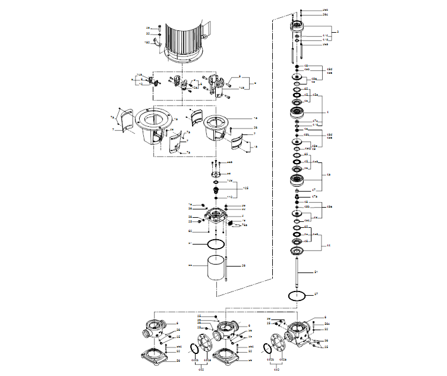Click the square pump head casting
pos(216,217)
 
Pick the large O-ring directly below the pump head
pos(215,244)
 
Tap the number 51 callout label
pos(316,272)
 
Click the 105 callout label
pos(244,187)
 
